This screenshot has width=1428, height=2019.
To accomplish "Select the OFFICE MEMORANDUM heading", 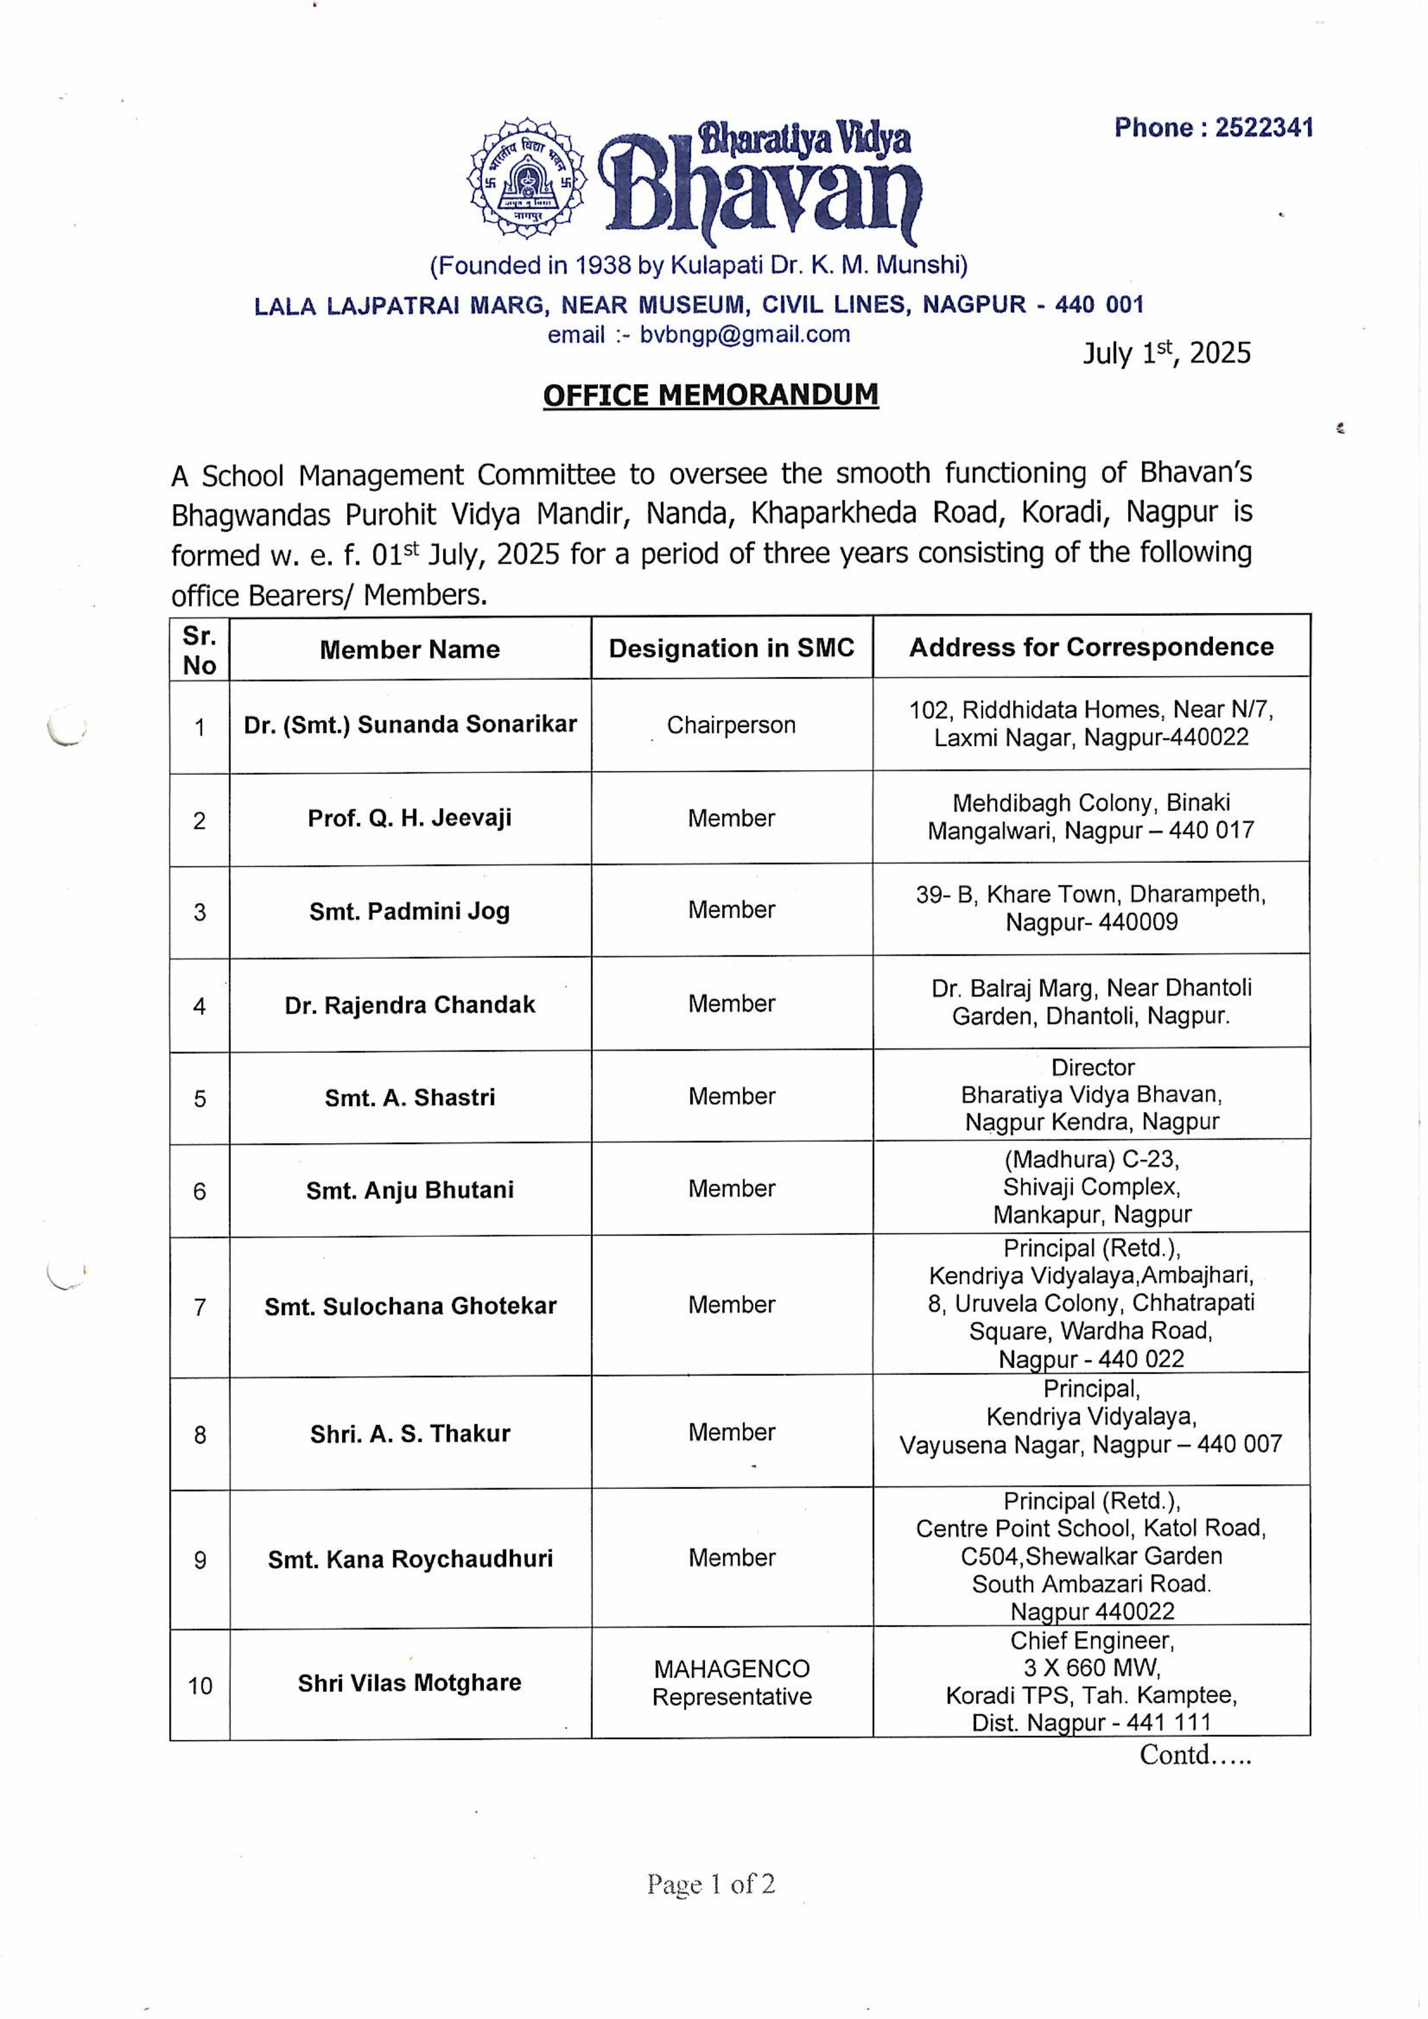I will coord(711,395).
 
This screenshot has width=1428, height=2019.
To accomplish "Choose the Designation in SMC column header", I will coord(732,649).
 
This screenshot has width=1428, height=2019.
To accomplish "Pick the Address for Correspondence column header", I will coord(1091,647).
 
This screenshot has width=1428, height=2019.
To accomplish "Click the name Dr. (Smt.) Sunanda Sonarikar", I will coord(410,725).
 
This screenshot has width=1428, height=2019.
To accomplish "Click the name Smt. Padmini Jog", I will coord(410,911).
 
